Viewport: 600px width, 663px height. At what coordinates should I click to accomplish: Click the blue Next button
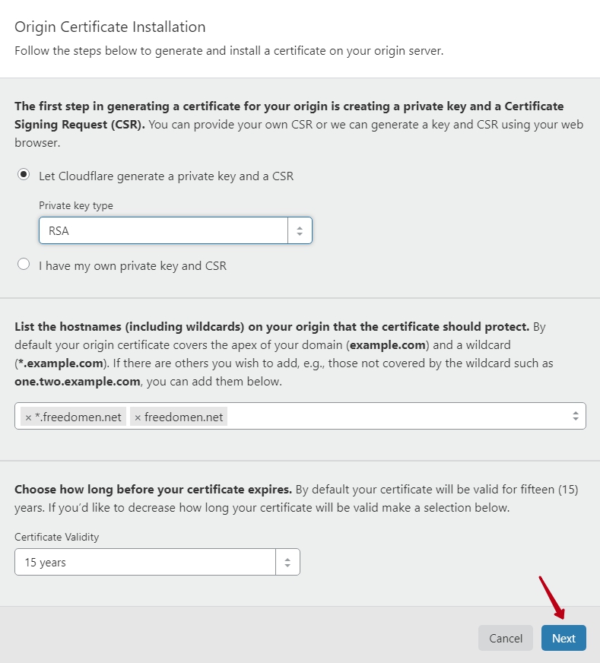(563, 638)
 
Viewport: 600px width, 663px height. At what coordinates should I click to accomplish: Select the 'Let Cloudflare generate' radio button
(24, 174)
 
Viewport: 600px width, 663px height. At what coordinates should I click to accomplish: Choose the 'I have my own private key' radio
(24, 265)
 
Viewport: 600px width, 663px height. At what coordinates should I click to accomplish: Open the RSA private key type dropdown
(163, 230)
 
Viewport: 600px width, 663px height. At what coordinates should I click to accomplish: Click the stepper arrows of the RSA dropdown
(300, 230)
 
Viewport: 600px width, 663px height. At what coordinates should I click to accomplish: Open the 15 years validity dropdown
(144, 563)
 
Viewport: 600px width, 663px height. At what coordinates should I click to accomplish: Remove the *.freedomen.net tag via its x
(28, 417)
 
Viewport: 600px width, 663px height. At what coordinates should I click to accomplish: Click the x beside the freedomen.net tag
(138, 417)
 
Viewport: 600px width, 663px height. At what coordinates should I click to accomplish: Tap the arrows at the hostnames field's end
(576, 416)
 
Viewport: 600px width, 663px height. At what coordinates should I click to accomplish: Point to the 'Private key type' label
(76, 205)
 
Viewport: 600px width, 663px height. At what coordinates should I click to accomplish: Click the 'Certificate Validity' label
(57, 537)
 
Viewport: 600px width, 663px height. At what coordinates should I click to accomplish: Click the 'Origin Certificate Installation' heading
(110, 27)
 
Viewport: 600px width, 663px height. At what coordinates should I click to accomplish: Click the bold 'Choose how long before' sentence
(153, 489)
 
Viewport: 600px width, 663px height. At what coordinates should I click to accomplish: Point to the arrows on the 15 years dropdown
(287, 563)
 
